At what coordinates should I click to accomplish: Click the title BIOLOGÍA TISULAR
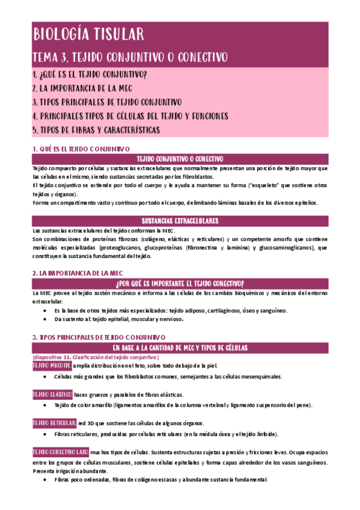tap(88, 34)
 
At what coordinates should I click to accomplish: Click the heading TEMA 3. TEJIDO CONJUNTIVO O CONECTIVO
tap(129, 58)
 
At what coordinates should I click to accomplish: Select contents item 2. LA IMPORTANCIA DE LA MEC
tap(92, 88)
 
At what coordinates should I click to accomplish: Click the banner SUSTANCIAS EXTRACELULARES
tap(180, 221)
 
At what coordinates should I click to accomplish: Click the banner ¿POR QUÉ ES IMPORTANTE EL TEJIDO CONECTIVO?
tap(180, 283)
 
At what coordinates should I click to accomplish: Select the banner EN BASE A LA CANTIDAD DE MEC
tap(180, 348)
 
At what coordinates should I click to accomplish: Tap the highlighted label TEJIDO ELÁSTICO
tap(52, 394)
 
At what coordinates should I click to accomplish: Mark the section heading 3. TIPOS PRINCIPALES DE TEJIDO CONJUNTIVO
tap(99, 337)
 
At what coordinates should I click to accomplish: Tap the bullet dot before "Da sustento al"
tap(47, 319)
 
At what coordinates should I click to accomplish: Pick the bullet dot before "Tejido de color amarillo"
tap(47, 405)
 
